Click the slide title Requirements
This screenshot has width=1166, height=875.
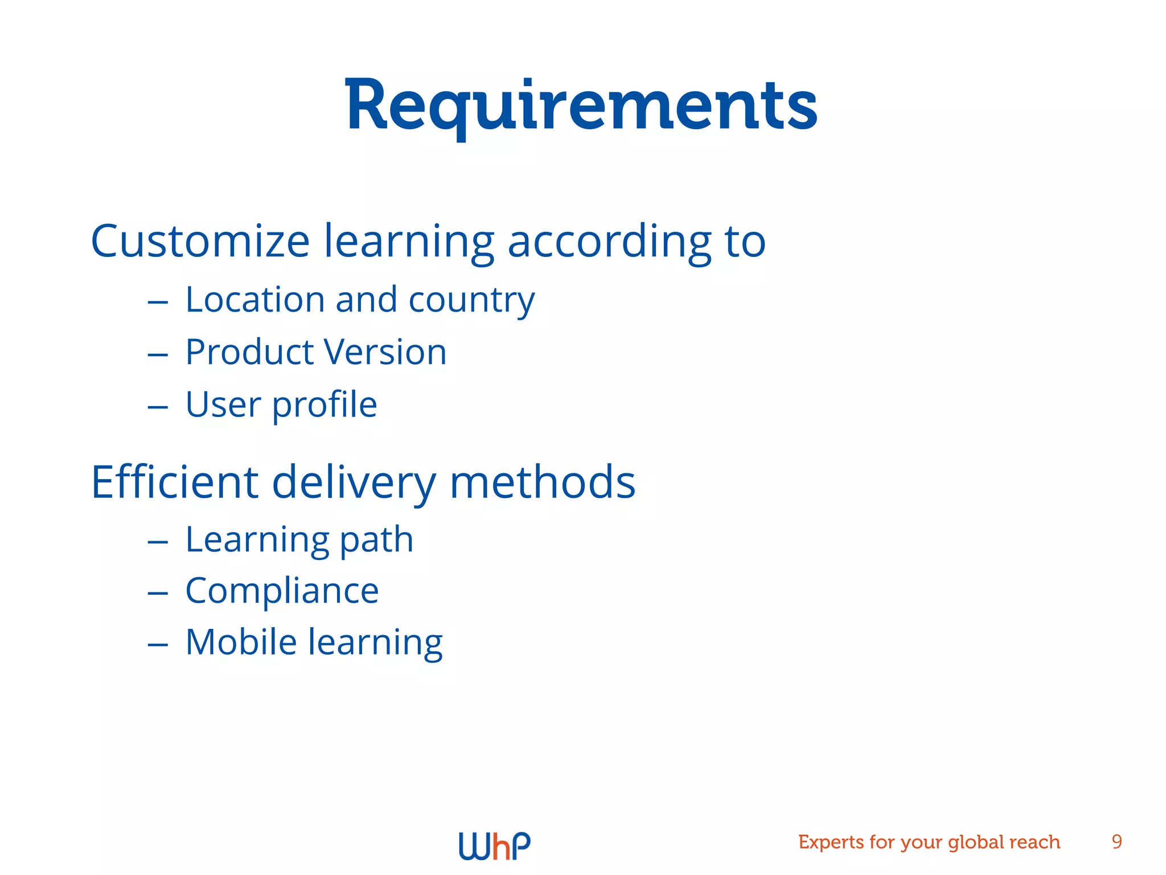point(581,106)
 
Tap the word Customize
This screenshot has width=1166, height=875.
point(200,241)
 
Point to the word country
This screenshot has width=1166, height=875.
point(471,301)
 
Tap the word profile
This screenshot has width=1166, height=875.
point(325,405)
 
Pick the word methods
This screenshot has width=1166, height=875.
point(542,482)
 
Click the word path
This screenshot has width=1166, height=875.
point(376,540)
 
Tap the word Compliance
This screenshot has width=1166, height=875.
point(282,591)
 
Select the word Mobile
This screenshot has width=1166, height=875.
point(241,642)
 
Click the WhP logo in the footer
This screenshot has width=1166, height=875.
point(494,845)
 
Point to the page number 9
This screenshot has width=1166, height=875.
point(1116,842)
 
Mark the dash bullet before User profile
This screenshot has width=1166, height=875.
point(158,407)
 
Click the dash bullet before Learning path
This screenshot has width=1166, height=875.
point(158,542)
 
